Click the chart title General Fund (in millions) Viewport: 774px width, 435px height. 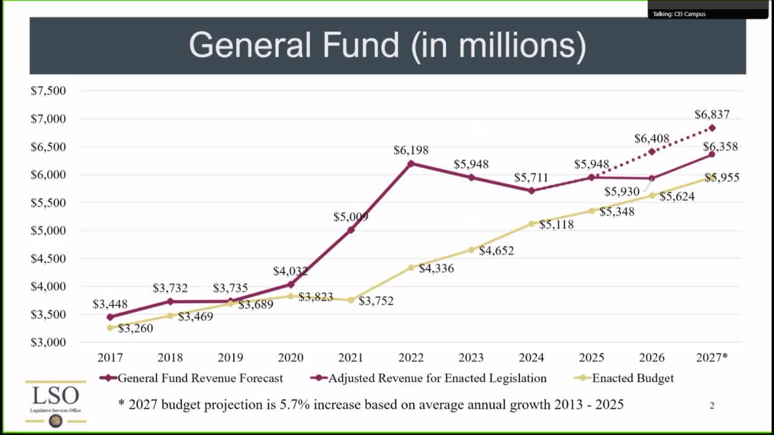(x=388, y=45)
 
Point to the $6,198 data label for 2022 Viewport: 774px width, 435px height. (x=411, y=150)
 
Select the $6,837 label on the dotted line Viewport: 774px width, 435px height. (x=712, y=114)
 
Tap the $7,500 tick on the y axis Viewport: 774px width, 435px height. (x=48, y=91)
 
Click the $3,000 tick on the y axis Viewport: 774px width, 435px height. (x=48, y=342)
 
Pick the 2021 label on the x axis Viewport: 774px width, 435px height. (x=351, y=358)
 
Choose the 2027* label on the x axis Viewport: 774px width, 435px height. (x=712, y=358)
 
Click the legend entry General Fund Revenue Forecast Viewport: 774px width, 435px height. (x=200, y=378)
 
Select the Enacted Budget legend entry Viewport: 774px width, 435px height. (x=633, y=378)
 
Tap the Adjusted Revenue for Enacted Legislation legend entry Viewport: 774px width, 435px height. (x=437, y=378)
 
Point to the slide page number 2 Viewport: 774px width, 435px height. (x=712, y=405)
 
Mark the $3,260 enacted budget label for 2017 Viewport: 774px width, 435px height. (x=135, y=329)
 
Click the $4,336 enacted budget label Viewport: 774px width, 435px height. (x=436, y=268)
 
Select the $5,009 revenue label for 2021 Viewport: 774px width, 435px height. (x=351, y=217)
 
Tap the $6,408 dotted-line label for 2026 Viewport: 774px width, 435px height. (x=651, y=139)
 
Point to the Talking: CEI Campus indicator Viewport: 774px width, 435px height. (x=679, y=14)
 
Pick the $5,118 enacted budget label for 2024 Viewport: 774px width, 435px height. (x=556, y=225)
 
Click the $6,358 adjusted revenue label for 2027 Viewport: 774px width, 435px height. (x=720, y=147)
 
